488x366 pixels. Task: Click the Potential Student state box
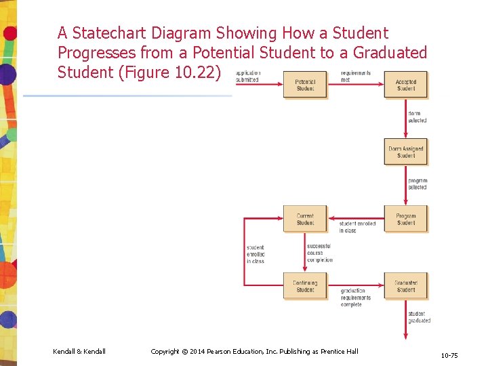(305, 85)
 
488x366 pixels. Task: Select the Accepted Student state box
(406, 85)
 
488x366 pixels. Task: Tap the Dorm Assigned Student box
(406, 152)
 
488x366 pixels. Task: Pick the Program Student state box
(406, 219)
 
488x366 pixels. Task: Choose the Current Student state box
(305, 219)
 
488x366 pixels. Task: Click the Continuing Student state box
(305, 286)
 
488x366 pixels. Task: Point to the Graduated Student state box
(406, 286)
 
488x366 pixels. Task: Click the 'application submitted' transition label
(247, 76)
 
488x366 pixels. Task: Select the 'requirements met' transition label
(356, 76)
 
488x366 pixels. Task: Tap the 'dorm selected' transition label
(418, 117)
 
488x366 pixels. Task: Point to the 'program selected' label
(418, 184)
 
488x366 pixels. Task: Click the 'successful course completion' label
(319, 253)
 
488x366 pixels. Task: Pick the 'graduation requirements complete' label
(356, 298)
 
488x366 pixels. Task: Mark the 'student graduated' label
(419, 317)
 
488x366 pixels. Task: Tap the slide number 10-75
(449, 354)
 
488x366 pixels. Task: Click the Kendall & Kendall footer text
(79, 351)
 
